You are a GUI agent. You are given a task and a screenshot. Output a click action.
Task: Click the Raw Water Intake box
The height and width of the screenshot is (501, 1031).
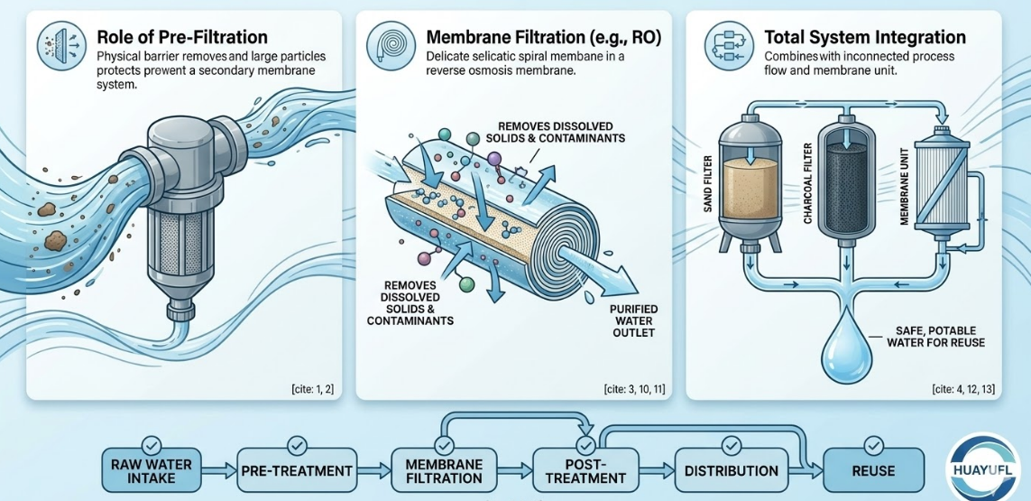(x=152, y=470)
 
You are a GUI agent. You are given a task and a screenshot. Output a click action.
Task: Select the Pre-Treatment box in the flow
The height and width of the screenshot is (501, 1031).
(x=297, y=470)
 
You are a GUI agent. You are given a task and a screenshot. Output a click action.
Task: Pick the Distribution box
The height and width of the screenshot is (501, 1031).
(x=731, y=470)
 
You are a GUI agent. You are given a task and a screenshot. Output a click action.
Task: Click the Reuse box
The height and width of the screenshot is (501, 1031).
(x=873, y=470)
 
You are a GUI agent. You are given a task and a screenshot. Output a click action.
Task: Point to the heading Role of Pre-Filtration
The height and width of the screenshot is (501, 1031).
(x=181, y=38)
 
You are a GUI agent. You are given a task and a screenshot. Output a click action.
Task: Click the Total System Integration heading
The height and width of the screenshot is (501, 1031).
(x=864, y=38)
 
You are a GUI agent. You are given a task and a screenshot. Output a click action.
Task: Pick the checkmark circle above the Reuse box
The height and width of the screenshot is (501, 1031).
(x=873, y=445)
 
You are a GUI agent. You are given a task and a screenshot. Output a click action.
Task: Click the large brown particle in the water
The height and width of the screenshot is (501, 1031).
(x=57, y=239)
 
